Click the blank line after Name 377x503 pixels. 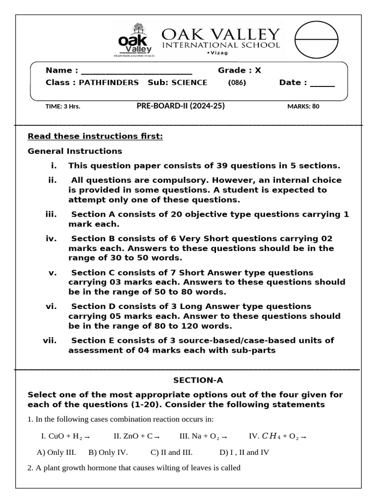point(136,71)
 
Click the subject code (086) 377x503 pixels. point(237,83)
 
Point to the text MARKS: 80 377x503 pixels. point(303,106)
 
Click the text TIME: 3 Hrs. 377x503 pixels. point(63,106)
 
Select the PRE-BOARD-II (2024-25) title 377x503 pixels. point(181,106)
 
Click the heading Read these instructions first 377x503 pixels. point(95,136)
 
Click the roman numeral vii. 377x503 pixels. point(50,340)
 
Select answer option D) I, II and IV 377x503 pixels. point(244,452)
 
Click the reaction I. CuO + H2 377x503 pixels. point(65,436)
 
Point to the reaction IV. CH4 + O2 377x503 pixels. point(278,436)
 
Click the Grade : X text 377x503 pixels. point(240,70)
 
